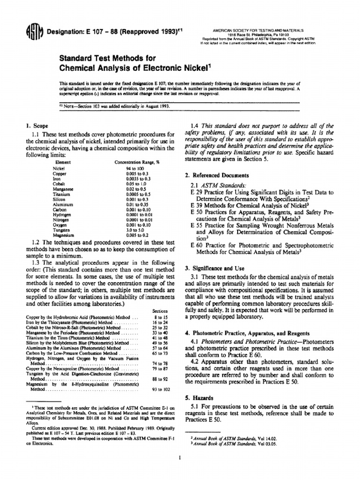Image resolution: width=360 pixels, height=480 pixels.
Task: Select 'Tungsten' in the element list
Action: tap(62, 230)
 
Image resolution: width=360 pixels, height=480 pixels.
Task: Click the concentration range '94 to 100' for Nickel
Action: tap(135, 167)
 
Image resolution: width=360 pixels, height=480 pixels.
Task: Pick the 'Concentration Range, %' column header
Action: tap(135, 162)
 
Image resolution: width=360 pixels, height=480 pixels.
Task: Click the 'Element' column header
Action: tap(63, 162)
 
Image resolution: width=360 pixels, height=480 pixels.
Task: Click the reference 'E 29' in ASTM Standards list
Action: tap(195, 192)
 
